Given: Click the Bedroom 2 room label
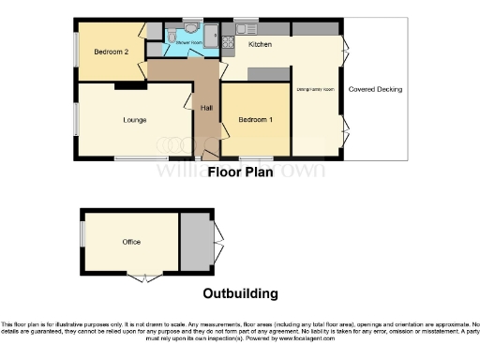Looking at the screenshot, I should click(112, 52).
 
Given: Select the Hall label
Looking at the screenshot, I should click(206, 108).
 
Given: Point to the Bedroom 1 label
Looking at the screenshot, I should click(255, 120).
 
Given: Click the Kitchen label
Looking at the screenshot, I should click(260, 44).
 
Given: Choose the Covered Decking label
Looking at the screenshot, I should click(375, 89).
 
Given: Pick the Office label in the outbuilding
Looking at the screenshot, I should click(131, 242).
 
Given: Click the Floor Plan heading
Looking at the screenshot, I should click(239, 172).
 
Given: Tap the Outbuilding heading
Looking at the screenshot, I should click(240, 293).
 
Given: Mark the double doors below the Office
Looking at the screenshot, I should click(142, 277).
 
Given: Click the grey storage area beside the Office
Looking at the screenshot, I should click(196, 242).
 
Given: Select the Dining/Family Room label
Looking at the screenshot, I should click(316, 89).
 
